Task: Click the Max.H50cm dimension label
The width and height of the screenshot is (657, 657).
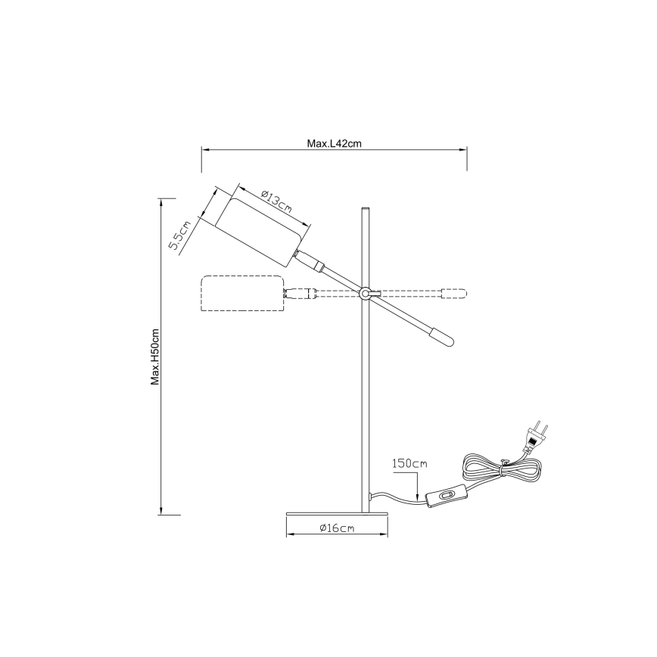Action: pos(154,357)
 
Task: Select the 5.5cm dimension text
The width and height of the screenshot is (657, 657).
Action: pos(180,235)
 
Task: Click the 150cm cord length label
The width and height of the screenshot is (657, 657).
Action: pos(410,462)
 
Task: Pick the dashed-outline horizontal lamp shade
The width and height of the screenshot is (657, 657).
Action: pos(242,294)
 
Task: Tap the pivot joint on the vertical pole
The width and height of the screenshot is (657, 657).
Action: pos(366,293)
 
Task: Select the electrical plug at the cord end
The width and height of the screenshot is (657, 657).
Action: pos(537,436)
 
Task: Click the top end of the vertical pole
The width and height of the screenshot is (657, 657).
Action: pos(366,208)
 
